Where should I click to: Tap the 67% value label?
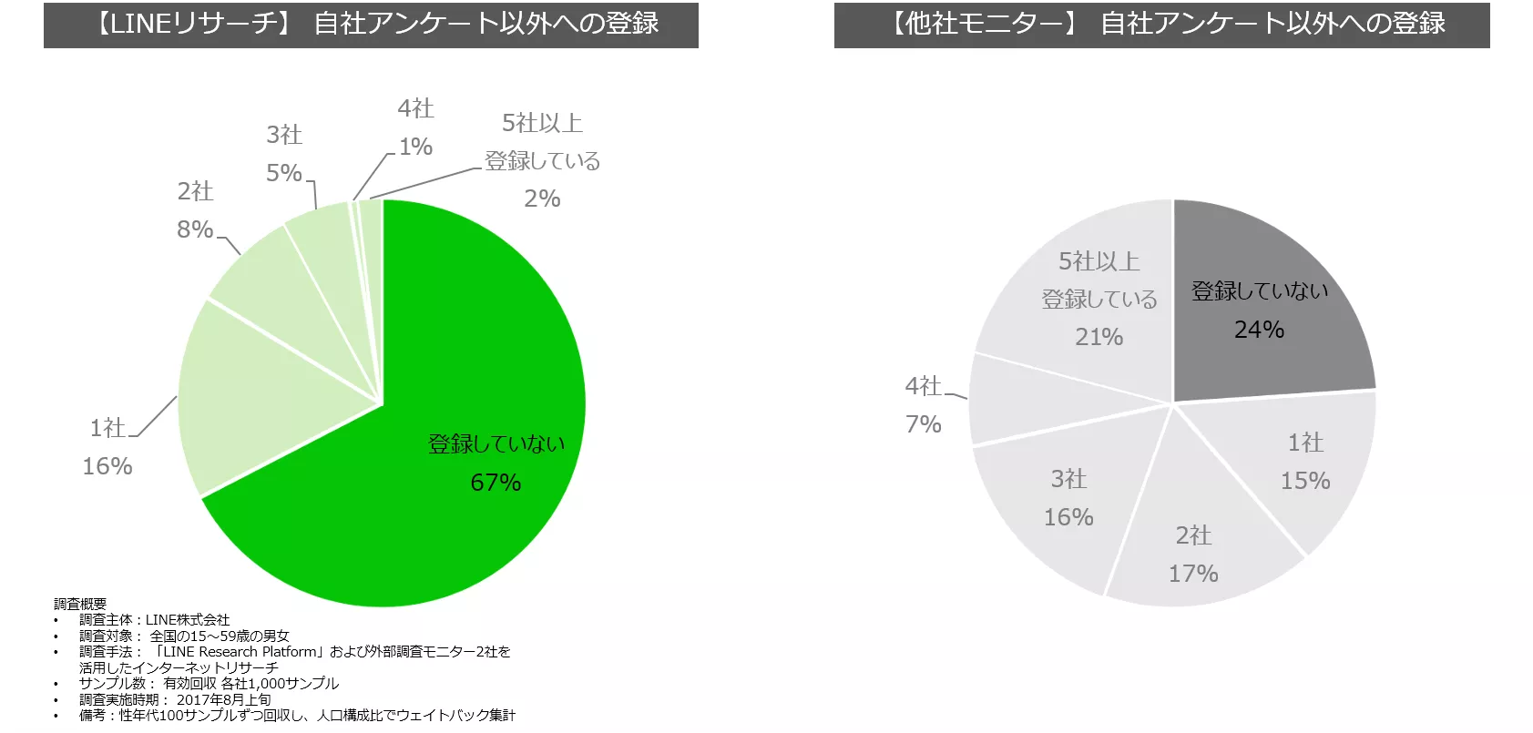pos(496,483)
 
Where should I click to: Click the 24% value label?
pos(1259,330)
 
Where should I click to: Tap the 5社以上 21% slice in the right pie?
pos(1084,291)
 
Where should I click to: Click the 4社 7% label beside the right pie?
pos(923,405)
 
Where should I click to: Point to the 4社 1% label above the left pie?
pos(415,127)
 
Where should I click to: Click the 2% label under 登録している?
pos(542,199)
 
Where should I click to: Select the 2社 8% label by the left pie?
pos(195,210)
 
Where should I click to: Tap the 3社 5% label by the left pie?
pos(284,154)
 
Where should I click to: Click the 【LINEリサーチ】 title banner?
pos(371,24)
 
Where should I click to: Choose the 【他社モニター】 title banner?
pos(1161,24)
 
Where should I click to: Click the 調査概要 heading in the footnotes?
pos(80,604)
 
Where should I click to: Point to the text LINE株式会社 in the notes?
pos(188,620)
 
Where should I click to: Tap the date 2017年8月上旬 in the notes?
pos(224,699)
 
